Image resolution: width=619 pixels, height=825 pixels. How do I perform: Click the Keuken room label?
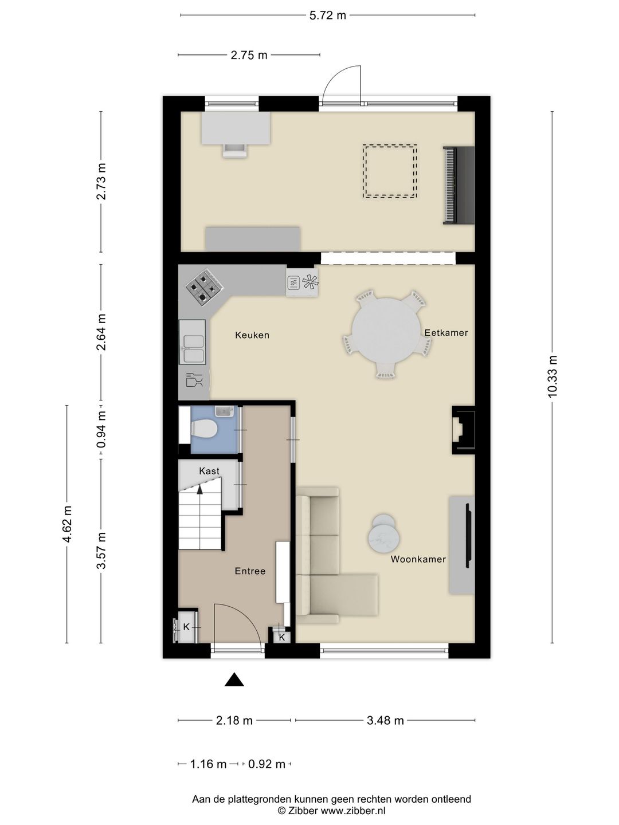coord(252,335)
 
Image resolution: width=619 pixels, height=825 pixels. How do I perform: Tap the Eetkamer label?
coord(446,333)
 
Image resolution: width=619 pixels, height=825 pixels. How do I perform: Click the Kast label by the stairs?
coord(209,471)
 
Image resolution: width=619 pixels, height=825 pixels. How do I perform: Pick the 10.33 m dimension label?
coord(553,376)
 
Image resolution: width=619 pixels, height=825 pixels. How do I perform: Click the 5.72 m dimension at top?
coord(327,15)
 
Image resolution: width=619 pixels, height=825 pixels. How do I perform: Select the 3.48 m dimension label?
coord(385,721)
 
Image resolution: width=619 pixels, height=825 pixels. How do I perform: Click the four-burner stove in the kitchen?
coord(205,287)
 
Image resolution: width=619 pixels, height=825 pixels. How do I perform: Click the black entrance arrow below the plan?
coord(234,679)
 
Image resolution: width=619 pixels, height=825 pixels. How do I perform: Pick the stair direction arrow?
coord(199,489)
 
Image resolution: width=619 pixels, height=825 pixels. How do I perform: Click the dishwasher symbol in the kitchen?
coord(194,380)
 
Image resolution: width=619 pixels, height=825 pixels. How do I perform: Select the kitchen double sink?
coord(192,342)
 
